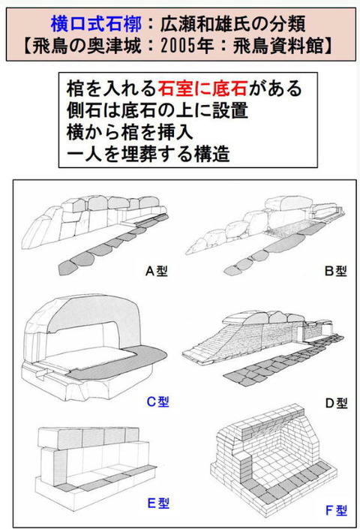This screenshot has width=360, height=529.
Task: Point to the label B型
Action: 334,270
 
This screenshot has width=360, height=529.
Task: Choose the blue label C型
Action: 157,401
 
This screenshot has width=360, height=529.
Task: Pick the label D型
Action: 336,403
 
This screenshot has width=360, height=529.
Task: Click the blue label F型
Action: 337,511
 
